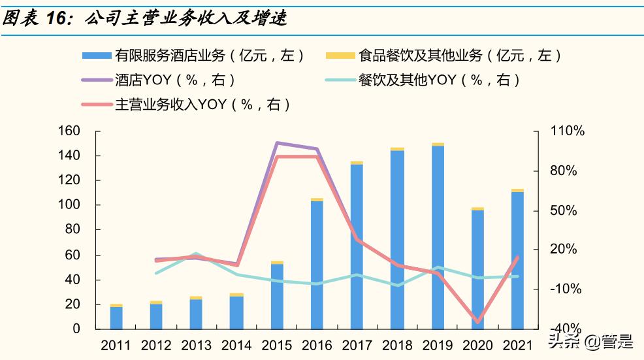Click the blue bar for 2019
click(437, 237)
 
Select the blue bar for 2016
click(317, 264)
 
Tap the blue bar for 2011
click(116, 318)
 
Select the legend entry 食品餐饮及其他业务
click(444, 56)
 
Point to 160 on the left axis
click(69, 131)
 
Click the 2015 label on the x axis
click(277, 346)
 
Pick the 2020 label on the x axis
click(477, 346)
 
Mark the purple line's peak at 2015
click(277, 142)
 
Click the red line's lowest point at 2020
click(477, 322)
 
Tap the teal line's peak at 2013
click(197, 254)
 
